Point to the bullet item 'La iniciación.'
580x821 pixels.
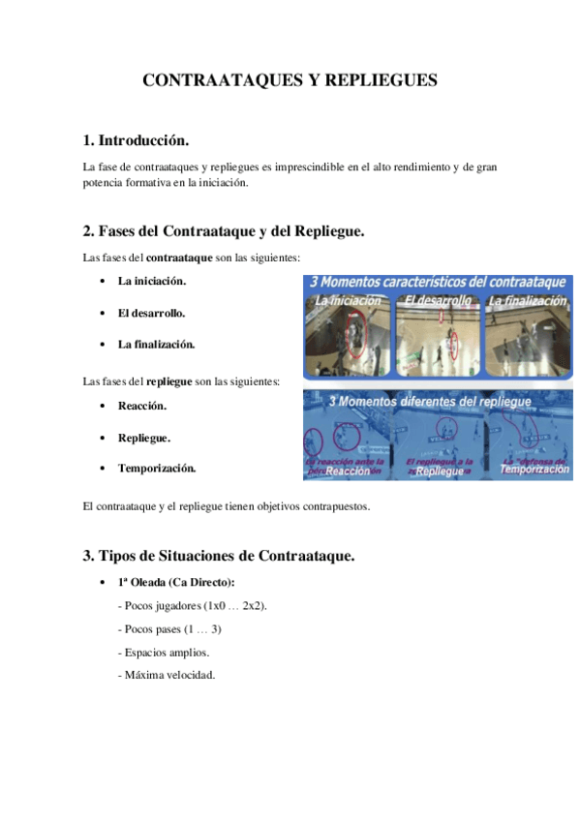pos(152,282)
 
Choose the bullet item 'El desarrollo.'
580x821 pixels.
pos(151,313)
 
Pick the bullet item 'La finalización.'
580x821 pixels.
pos(156,344)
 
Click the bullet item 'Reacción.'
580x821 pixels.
pos(142,407)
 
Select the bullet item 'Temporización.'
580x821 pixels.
pos(157,469)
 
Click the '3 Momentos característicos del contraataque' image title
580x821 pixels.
pos(436,282)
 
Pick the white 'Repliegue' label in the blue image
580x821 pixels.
pos(438,471)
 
